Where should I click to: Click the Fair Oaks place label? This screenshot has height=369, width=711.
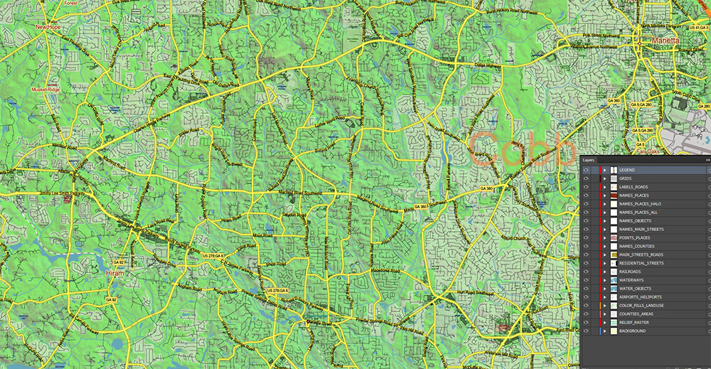(648, 151)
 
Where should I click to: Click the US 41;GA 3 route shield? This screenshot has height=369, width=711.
(698, 26)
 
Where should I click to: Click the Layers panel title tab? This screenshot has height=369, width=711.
(589, 161)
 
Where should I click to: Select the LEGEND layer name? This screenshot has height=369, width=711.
(627, 170)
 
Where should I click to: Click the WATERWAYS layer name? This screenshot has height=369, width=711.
(631, 280)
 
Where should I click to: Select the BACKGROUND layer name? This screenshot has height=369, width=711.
(632, 331)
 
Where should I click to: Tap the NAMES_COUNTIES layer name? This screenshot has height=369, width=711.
(636, 246)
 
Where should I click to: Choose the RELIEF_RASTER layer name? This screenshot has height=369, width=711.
(635, 322)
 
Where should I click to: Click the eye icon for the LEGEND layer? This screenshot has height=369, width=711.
(586, 170)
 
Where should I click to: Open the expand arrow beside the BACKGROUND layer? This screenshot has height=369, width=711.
(604, 331)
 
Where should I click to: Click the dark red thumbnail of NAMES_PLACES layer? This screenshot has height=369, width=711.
(613, 196)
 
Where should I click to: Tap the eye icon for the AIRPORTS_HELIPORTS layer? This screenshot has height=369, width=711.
(586, 297)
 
